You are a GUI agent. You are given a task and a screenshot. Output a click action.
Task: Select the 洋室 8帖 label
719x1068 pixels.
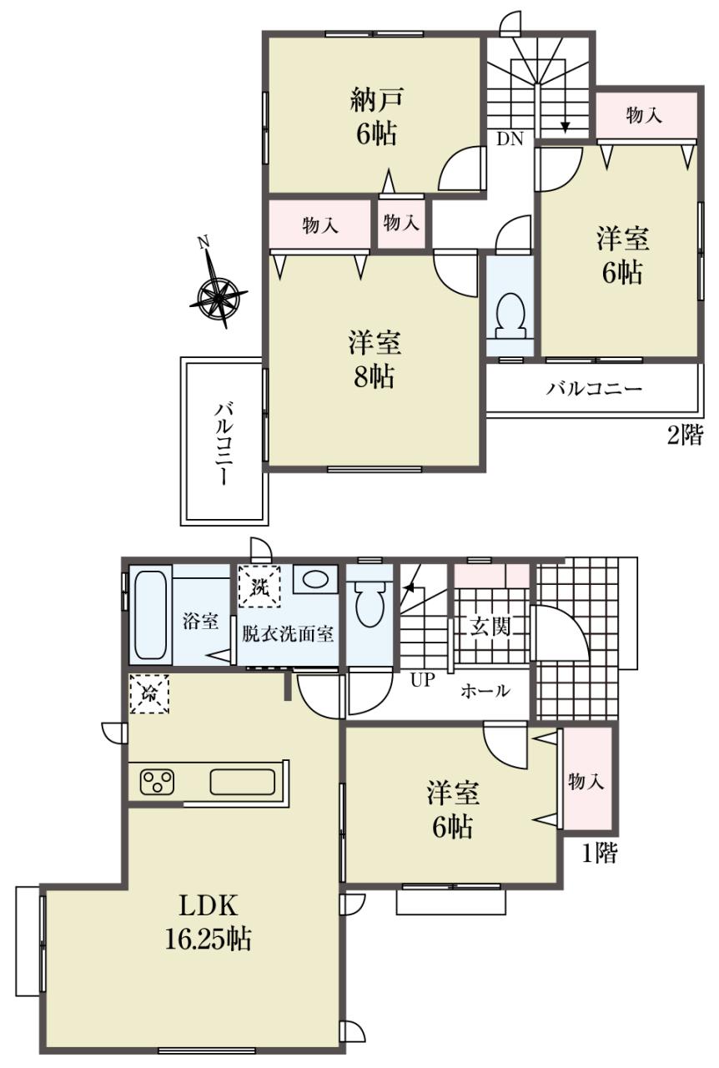point(375,360)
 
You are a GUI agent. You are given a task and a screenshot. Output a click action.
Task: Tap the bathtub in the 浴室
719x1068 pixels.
point(151,616)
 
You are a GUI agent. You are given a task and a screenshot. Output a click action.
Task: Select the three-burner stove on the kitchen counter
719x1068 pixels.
point(157,783)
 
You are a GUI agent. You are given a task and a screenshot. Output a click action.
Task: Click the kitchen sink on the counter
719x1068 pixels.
point(243,783)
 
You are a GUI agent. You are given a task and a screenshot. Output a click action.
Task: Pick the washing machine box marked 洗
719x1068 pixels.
point(259,586)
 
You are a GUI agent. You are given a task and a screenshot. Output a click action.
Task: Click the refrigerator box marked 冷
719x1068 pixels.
point(149,694)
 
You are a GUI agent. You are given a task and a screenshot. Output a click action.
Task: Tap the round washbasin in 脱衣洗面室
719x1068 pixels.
point(315,579)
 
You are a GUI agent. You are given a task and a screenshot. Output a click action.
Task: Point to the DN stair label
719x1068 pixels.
point(510,139)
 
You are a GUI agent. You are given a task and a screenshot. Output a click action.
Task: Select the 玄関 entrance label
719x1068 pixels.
point(490,627)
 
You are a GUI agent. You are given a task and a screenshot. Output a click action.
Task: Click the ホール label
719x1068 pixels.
point(485,690)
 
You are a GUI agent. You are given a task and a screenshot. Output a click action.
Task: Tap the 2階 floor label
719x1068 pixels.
point(684,435)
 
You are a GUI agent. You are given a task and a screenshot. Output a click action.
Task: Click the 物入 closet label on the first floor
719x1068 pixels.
point(586,782)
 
